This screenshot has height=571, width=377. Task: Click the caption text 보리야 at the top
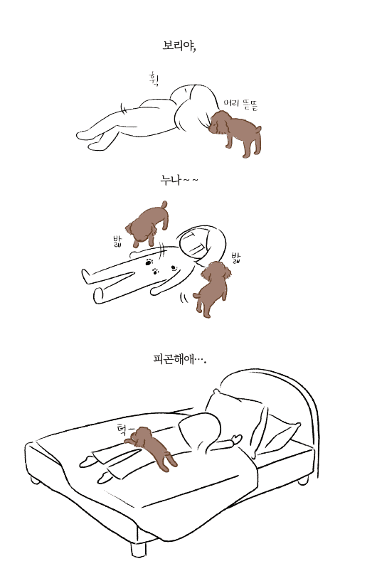pyautogui.click(x=179, y=46)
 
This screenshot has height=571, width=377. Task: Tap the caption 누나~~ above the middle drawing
pyautogui.click(x=179, y=180)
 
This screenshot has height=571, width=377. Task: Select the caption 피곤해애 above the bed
pyautogui.click(x=179, y=359)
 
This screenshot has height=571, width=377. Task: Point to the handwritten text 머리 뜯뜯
pyautogui.click(x=240, y=105)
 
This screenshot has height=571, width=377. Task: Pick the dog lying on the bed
pyautogui.click(x=152, y=447)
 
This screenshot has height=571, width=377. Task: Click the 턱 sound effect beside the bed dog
pyautogui.click(x=124, y=430)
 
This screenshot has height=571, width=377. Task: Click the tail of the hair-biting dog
pyautogui.click(x=258, y=129)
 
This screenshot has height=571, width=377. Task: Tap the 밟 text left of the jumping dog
pyautogui.click(x=117, y=242)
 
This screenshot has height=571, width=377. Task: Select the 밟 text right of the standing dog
pyautogui.click(x=236, y=258)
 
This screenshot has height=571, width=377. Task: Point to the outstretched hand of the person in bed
pyautogui.click(x=236, y=439)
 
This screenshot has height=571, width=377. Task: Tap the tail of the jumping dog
pyautogui.click(x=164, y=205)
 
